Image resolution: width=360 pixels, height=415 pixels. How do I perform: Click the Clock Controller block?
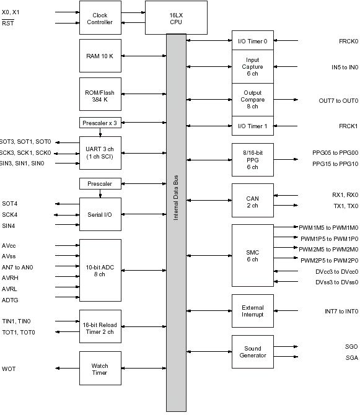pos(100,18)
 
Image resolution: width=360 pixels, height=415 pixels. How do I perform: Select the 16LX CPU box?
pos(176,18)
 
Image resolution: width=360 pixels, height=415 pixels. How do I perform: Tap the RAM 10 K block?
pos(100,56)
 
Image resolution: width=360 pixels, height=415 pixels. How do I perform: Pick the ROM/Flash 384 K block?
pos(100,94)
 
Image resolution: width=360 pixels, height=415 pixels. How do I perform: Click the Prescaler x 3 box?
pos(100,123)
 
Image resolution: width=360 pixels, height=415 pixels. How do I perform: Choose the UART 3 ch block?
pos(100,153)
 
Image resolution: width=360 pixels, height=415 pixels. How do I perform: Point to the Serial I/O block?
pos(100,214)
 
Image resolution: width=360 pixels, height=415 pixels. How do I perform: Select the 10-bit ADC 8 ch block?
pos(100,270)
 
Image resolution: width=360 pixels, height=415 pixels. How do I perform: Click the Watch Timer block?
pos(100,368)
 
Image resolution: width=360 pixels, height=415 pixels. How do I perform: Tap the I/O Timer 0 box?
pos(253,40)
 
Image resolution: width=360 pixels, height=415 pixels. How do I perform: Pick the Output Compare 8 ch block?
pos(253,100)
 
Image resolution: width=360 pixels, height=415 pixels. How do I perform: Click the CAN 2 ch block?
pos(253,200)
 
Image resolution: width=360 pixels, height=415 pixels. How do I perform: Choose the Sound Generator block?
pos(253,352)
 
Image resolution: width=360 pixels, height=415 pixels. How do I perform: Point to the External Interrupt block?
pos(253,311)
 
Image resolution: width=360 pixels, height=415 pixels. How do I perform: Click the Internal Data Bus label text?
pos(176,198)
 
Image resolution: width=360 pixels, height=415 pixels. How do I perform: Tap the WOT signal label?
pos(9,369)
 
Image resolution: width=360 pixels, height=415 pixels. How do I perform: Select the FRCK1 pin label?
pos(348,126)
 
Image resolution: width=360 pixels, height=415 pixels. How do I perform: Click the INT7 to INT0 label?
pos(341,311)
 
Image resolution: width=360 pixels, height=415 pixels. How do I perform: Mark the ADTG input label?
pos(10,300)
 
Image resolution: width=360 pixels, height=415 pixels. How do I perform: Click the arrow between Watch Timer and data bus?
pos(144,368)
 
